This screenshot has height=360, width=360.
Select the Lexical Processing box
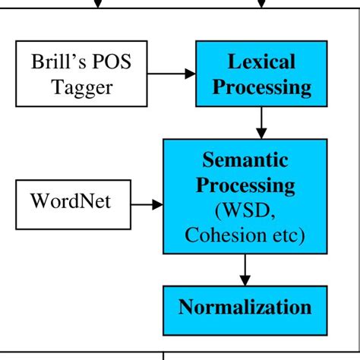click(x=262, y=74)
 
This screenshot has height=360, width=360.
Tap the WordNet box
click(x=70, y=203)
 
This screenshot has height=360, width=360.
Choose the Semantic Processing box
click(x=244, y=196)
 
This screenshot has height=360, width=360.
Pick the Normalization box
click(x=245, y=308)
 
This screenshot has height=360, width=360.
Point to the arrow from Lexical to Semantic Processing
click(x=262, y=122)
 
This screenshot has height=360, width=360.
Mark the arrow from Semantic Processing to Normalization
click(x=245, y=269)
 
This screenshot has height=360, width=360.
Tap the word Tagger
click(x=82, y=87)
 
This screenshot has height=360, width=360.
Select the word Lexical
click(x=262, y=61)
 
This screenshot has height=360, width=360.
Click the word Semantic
click(x=244, y=160)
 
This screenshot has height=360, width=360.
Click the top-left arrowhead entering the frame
click(x=97, y=5)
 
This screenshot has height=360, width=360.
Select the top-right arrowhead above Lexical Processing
click(x=262, y=5)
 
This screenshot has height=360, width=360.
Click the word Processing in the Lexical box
click(x=262, y=87)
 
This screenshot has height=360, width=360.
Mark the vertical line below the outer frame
click(x=164, y=355)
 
